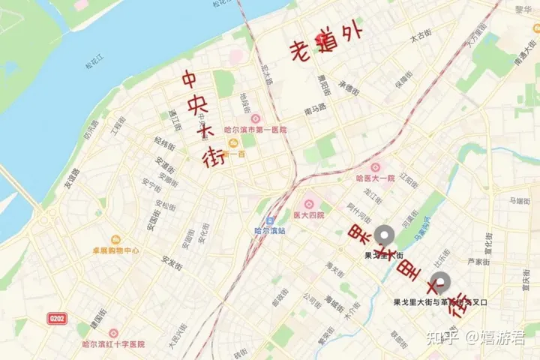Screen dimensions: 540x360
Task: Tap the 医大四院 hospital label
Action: tap(309, 215)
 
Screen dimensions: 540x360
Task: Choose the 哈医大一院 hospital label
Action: tap(375, 178)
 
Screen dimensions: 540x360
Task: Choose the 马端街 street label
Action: tap(520, 201)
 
